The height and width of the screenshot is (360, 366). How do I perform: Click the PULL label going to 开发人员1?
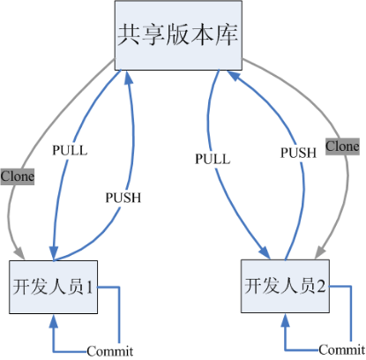(70, 150)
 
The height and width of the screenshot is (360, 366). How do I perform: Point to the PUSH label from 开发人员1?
(123, 198)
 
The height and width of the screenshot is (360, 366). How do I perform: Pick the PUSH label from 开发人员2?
(298, 152)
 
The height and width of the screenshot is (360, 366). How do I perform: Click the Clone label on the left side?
(17, 176)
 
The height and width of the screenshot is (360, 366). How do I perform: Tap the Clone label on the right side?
(342, 145)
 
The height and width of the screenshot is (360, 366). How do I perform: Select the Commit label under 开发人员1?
(109, 351)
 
